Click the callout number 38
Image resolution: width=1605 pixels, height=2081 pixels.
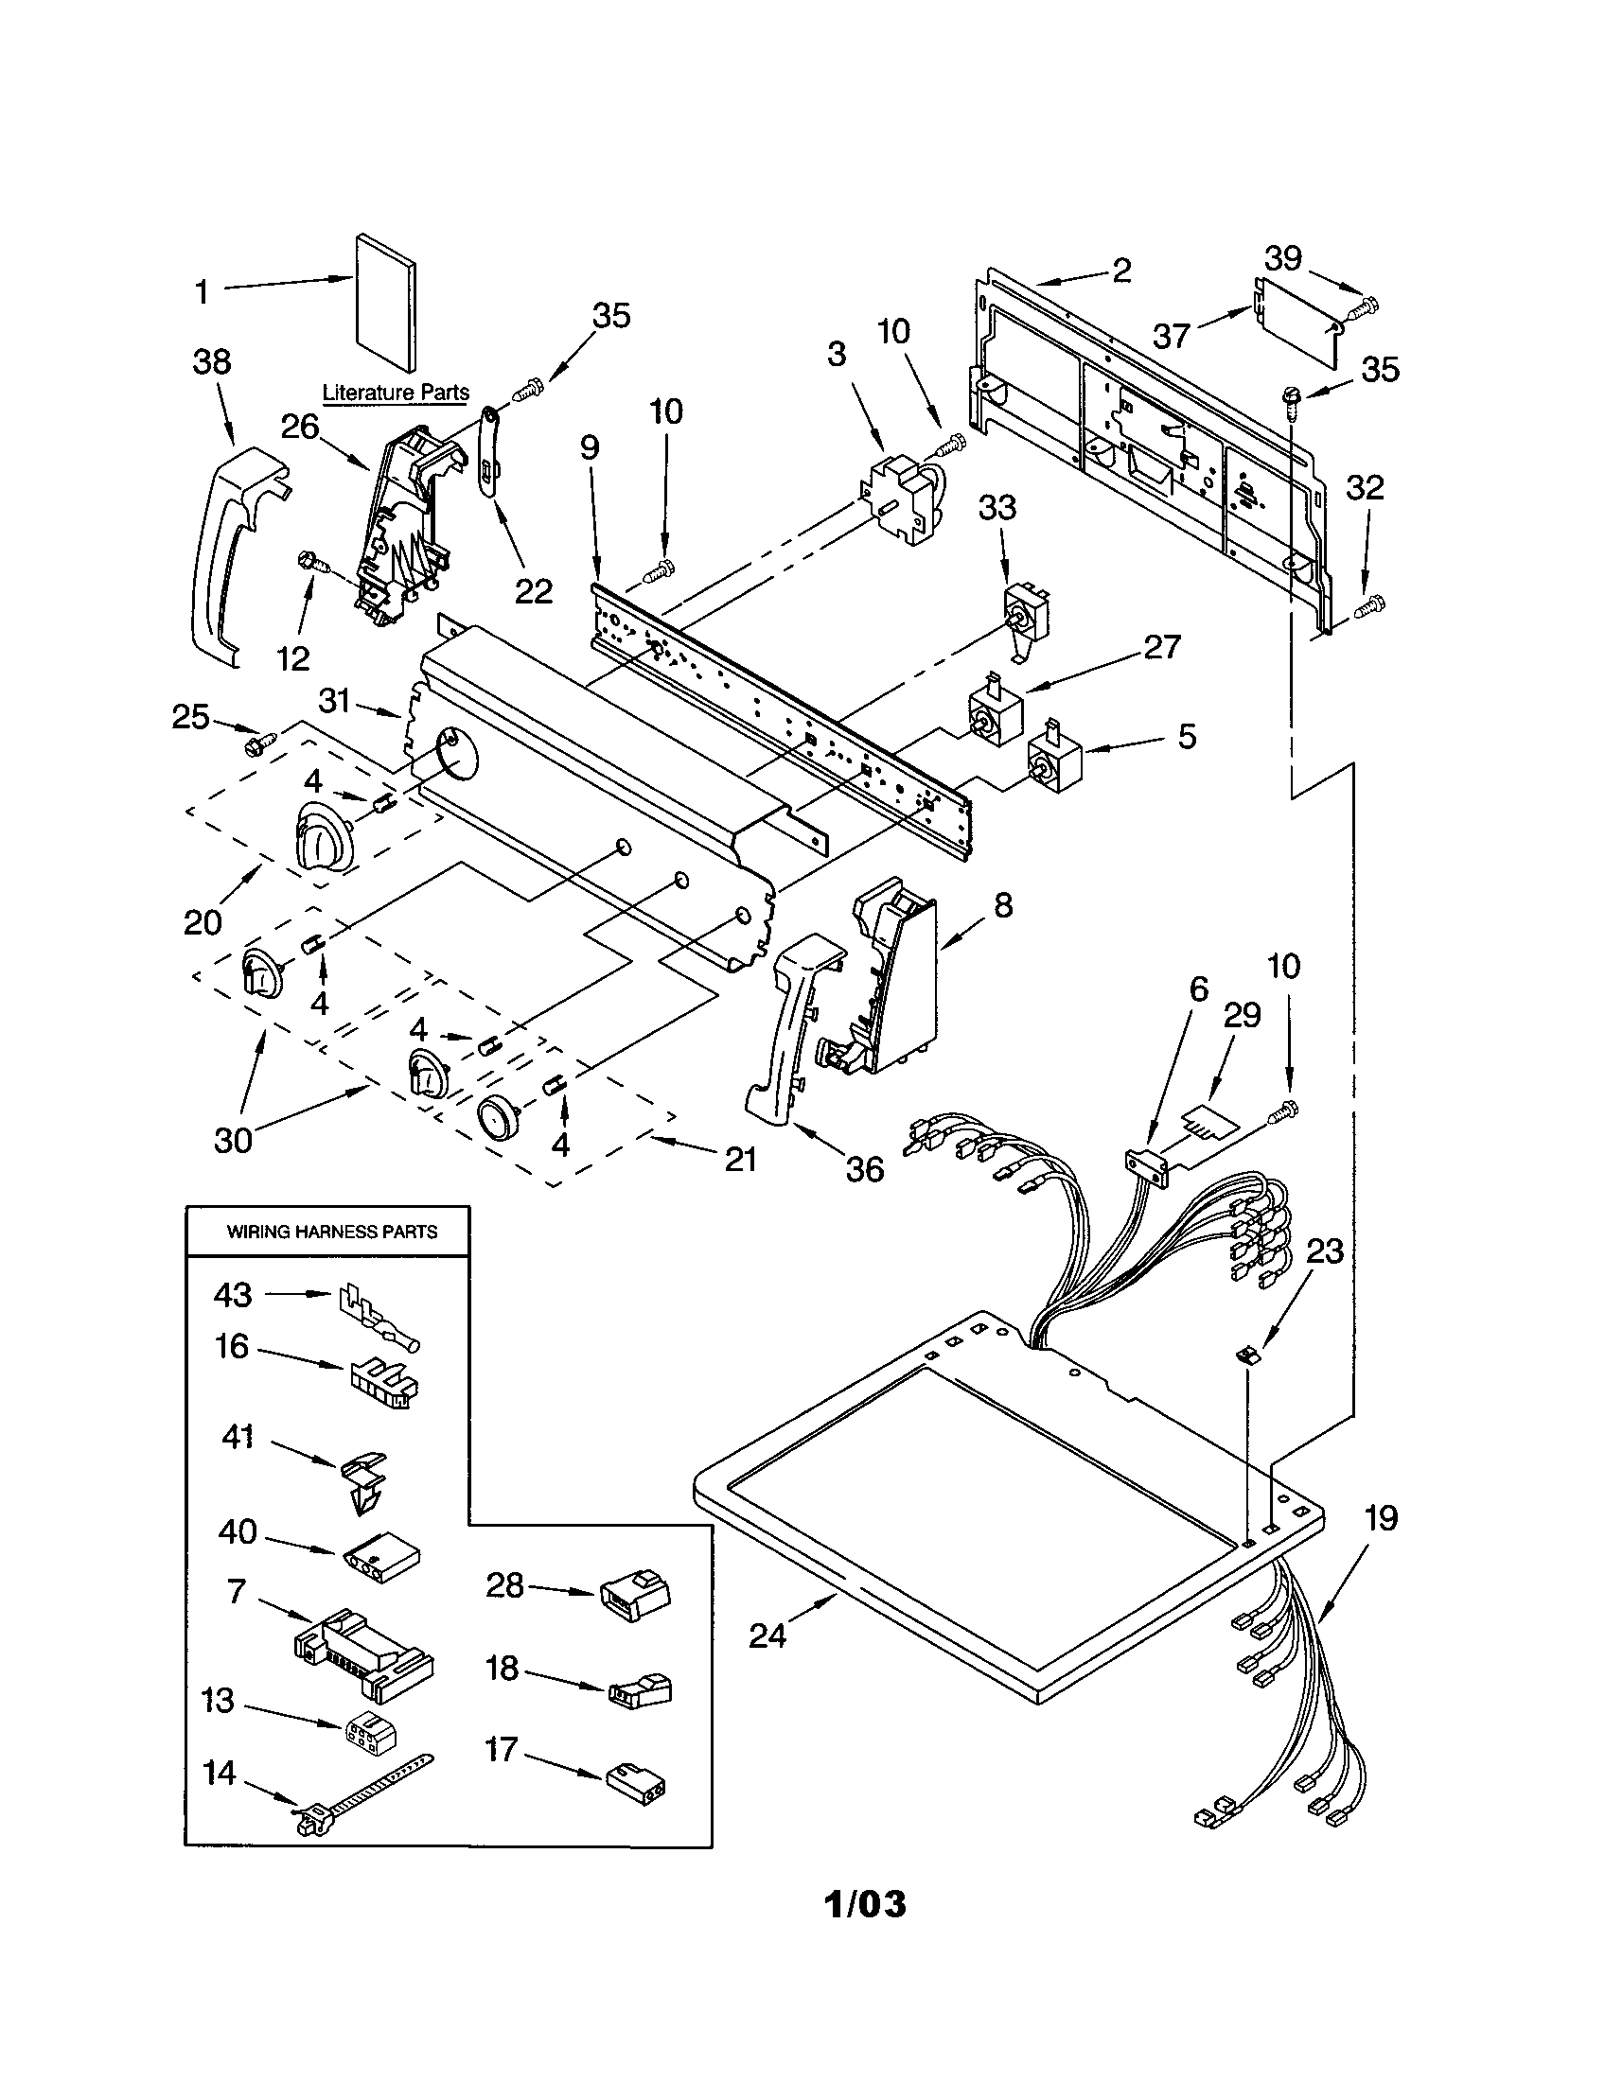pos(212,361)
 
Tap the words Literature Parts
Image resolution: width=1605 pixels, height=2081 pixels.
pos(396,392)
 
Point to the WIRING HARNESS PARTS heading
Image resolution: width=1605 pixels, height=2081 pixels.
pos(331,1231)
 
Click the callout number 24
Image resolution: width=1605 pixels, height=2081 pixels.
pos(767,1635)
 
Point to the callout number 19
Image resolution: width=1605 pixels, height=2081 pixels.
pos(1380,1518)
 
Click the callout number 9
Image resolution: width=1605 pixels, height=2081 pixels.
pos(589,446)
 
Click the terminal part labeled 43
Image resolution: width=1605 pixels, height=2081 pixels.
pos(377,1315)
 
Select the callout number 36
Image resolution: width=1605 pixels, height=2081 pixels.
pos(864,1169)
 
